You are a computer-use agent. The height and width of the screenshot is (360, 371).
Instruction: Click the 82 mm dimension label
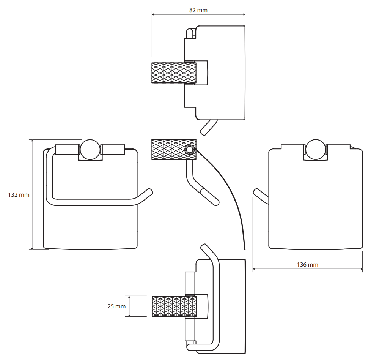pyautogui.click(x=198, y=10)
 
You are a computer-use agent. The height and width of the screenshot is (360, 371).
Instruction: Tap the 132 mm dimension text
pyautogui.click(x=19, y=195)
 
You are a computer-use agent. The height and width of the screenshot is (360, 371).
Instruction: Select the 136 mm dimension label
pyautogui.click(x=307, y=265)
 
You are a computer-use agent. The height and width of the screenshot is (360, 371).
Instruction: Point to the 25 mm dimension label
pyautogui.click(x=116, y=306)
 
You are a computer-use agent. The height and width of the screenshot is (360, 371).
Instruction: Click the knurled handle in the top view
pyautogui.click(x=174, y=73)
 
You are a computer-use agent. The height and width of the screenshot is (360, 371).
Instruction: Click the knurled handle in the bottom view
pyautogui.click(x=174, y=306)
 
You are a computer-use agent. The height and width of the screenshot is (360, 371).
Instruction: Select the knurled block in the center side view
pyautogui.click(x=174, y=150)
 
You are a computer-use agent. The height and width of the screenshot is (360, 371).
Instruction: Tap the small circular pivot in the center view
pyautogui.click(x=189, y=150)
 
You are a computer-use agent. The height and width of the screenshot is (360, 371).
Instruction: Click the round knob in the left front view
pyautogui.click(x=90, y=150)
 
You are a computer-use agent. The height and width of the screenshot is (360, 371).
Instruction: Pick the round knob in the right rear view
pyautogui.click(x=316, y=150)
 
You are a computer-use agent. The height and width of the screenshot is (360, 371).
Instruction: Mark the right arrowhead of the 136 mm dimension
pyautogui.click(x=361, y=269)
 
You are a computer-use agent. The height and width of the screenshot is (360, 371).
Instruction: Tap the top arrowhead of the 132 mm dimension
pyautogui.click(x=32, y=141)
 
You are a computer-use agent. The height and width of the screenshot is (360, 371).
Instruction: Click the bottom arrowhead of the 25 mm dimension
pyautogui.click(x=129, y=315)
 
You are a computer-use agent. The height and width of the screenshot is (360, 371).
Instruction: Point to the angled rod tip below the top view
pyautogui.click(x=203, y=132)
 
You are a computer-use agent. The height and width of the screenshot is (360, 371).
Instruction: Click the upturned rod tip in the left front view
pyautogui.click(x=149, y=192)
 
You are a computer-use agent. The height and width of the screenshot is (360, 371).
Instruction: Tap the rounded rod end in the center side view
pyautogui.click(x=216, y=202)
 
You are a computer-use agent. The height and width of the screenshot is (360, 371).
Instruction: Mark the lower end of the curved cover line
pyautogui.click(x=245, y=249)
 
